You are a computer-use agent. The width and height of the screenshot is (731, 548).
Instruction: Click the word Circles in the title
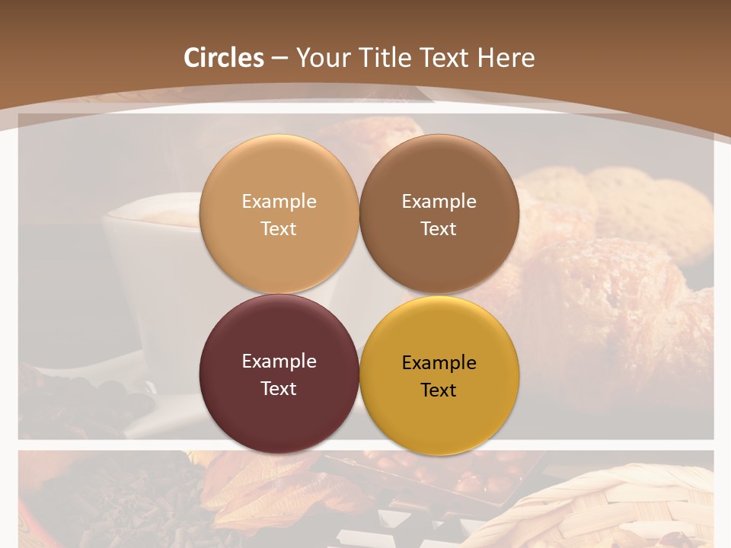(224, 58)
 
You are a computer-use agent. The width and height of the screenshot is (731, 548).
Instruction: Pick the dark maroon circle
(279, 412)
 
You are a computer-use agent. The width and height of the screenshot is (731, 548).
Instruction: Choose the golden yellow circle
(439, 414)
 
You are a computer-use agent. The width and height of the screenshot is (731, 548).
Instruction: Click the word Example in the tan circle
(279, 201)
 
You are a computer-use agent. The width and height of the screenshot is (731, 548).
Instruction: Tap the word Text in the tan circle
(279, 228)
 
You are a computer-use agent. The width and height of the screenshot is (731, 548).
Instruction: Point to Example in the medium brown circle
(439, 201)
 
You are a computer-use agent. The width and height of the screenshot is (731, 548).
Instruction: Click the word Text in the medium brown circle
(439, 228)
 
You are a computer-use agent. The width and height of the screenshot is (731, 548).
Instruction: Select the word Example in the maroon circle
(279, 361)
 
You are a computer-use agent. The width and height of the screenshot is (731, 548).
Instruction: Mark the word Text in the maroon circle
(279, 388)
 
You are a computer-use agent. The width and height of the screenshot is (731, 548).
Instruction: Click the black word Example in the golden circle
(439, 362)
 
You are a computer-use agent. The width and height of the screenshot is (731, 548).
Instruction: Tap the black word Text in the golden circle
(439, 390)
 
